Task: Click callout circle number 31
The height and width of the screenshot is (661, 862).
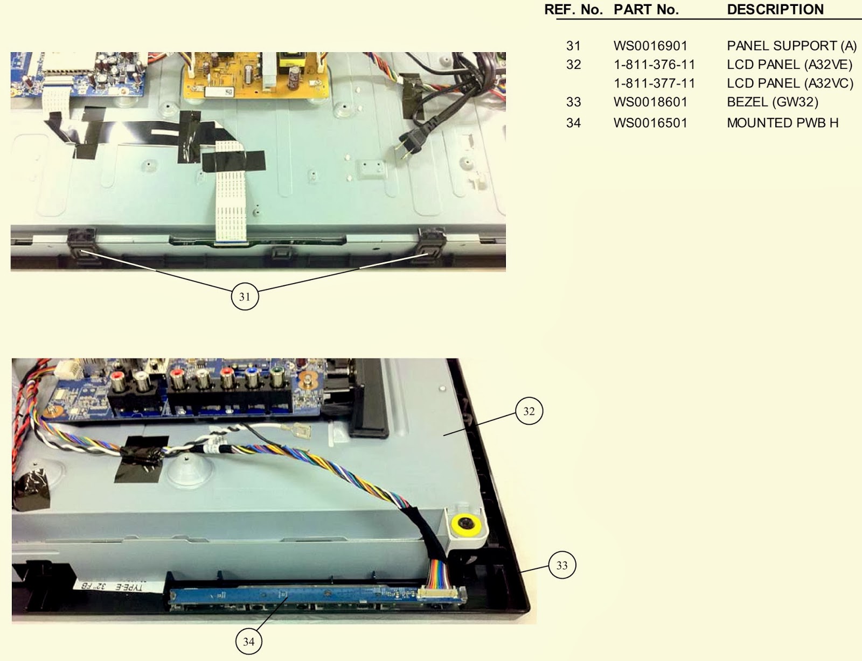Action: (x=245, y=297)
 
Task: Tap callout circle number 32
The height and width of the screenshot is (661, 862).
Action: (x=529, y=411)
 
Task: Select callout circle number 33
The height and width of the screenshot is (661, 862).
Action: (x=562, y=565)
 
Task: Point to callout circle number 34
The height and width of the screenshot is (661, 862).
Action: (x=249, y=641)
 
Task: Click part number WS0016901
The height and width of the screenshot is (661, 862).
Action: (x=650, y=46)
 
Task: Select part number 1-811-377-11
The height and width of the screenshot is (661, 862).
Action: (x=654, y=83)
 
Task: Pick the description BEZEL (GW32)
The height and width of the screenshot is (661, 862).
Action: (x=773, y=102)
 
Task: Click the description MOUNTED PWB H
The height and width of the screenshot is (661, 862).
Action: (x=782, y=123)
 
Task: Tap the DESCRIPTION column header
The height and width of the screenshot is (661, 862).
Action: (x=775, y=10)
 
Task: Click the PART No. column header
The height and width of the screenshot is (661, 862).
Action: (x=646, y=10)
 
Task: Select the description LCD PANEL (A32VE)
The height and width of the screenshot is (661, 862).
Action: (x=789, y=65)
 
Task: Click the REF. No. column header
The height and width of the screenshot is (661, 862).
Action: (x=573, y=10)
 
